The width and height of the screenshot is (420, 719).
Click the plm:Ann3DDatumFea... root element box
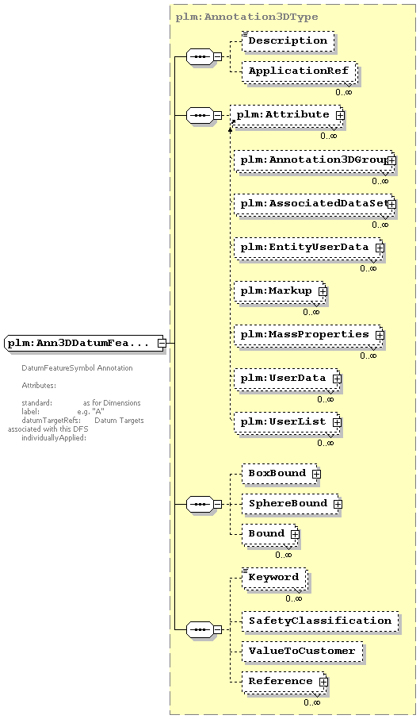pyautogui.click(x=85, y=343)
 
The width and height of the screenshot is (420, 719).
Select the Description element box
pyautogui.click(x=288, y=40)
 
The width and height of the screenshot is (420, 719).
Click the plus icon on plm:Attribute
pyautogui.click(x=340, y=115)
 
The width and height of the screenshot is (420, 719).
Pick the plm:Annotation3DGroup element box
pyautogui.click(x=314, y=160)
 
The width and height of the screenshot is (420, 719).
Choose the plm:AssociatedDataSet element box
pyautogui.click(x=314, y=204)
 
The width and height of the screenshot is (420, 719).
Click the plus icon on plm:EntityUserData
pyautogui.click(x=380, y=248)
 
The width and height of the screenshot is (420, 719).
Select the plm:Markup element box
pyautogui.click(x=280, y=291)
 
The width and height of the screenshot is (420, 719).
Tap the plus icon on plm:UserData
pyautogui.click(x=337, y=379)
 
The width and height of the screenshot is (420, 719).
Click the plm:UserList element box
pyautogui.click(x=287, y=422)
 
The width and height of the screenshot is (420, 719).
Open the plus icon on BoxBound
pyautogui.click(x=316, y=474)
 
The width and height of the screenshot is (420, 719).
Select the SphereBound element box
pyautogui.click(x=291, y=503)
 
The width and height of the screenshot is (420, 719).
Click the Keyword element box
pyautogui.click(x=274, y=578)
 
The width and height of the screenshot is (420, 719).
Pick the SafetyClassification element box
pyautogui.click(x=320, y=621)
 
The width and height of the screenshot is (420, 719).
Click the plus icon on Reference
pyautogui.click(x=323, y=682)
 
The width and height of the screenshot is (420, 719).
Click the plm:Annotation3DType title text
pyautogui.click(x=247, y=17)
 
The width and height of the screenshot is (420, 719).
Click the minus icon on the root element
pyautogui.click(x=161, y=343)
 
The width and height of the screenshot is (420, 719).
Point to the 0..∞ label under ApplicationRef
pyautogui.click(x=343, y=92)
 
